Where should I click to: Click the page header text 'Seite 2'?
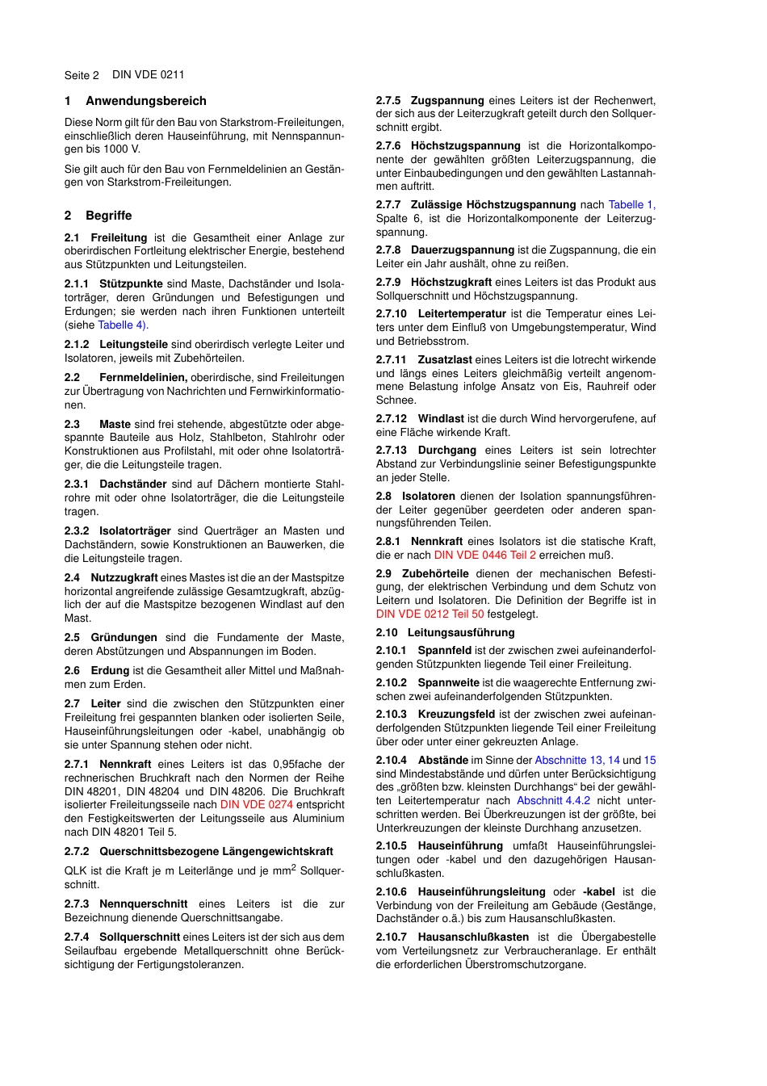(82, 75)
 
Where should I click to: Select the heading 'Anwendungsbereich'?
(146, 101)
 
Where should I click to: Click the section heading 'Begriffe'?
(108, 216)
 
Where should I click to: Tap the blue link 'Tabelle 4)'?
(123, 325)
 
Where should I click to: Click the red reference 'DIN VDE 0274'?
(256, 804)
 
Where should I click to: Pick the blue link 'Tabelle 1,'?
(631, 204)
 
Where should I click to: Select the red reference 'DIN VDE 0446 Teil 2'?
(484, 555)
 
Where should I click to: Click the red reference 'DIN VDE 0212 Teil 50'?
(430, 614)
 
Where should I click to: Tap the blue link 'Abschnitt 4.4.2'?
(553, 800)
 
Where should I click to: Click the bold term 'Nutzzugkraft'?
(124, 577)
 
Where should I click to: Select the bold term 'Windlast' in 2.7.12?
(440, 418)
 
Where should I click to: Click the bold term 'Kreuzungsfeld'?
(456, 714)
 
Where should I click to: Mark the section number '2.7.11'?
(392, 359)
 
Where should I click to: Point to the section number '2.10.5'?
(392, 845)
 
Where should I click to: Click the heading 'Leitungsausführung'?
(460, 632)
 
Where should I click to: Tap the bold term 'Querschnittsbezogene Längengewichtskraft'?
(216, 851)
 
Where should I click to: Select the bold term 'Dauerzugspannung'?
(462, 249)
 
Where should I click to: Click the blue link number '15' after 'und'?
(649, 760)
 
